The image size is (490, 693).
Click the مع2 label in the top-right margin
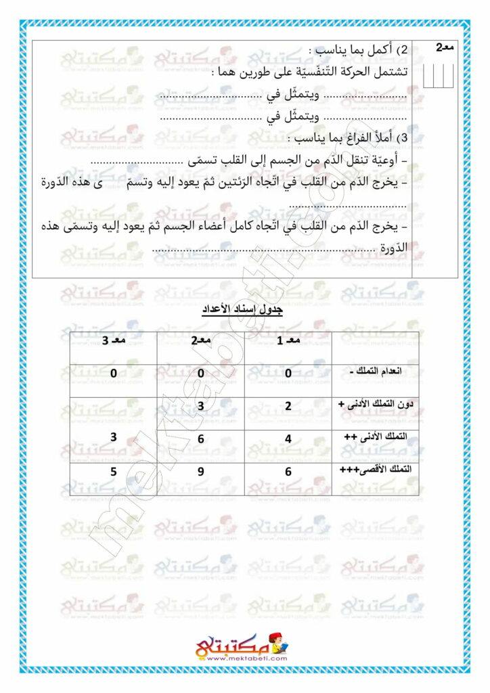[x=443, y=47]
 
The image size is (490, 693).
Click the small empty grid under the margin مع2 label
[x=438, y=74]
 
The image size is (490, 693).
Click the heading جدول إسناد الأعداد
[x=243, y=310]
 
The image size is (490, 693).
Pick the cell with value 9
[x=200, y=472]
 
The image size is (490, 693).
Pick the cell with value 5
[x=113, y=471]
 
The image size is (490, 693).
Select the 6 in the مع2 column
[x=200, y=439]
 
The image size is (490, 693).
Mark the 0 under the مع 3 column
[x=113, y=373]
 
